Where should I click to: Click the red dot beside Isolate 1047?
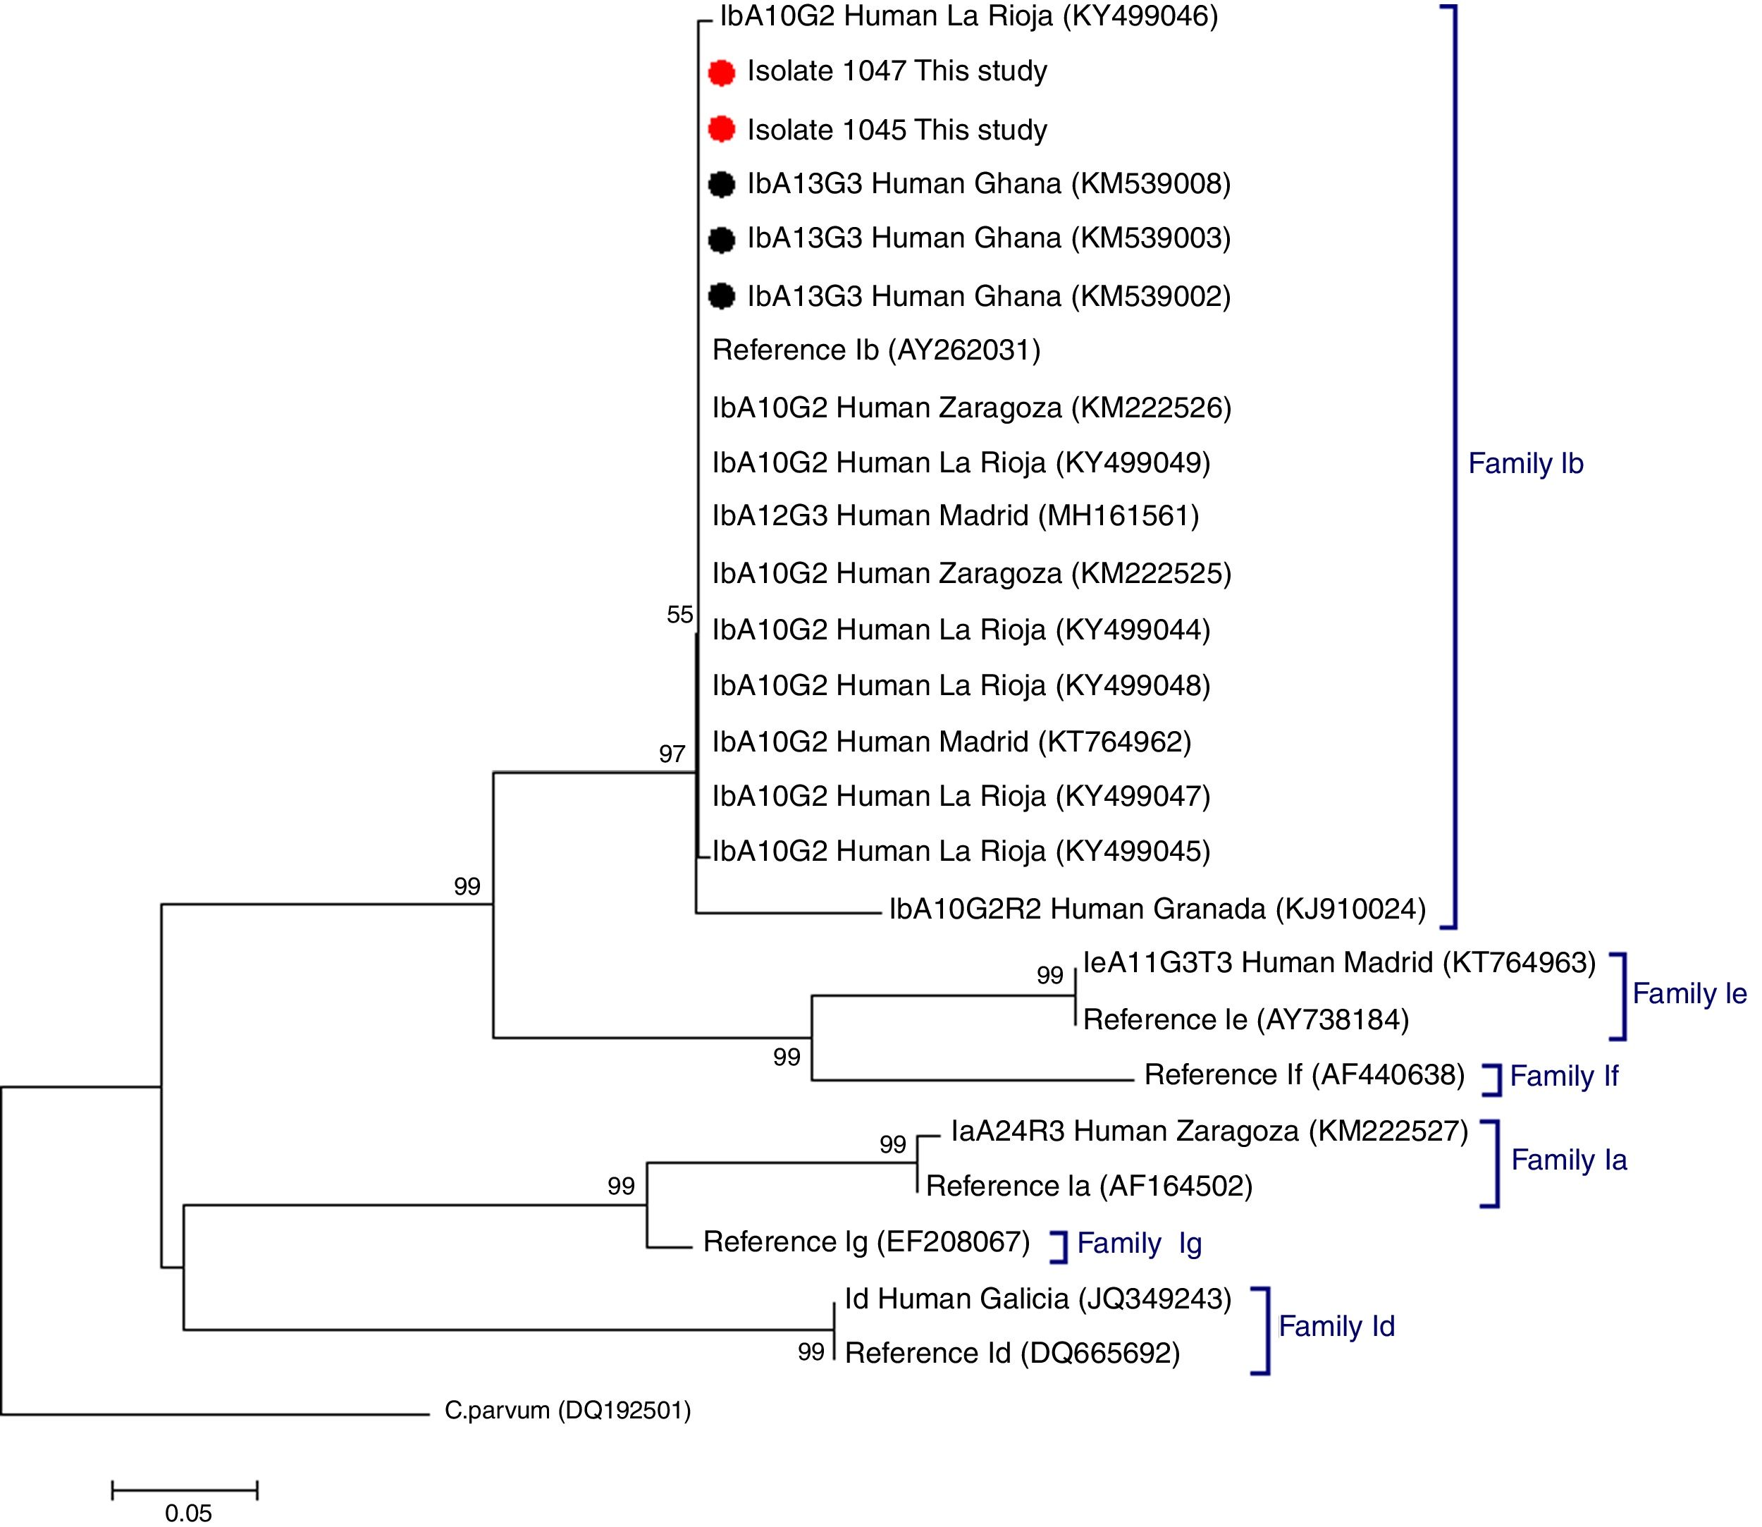coord(722,73)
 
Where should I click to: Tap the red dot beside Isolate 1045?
coord(722,130)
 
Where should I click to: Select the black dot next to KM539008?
coord(722,184)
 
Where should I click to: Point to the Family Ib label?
coord(1525,464)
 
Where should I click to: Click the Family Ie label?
coord(1689,993)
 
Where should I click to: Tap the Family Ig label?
coord(1139,1244)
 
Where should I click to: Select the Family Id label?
coord(1336,1326)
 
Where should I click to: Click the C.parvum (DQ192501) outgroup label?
coord(567,1410)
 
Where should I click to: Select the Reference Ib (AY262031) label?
coord(876,350)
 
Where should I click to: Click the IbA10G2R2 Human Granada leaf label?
coord(1157,909)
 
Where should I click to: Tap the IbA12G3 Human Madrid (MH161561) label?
coord(955,515)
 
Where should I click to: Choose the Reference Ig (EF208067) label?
coord(866,1241)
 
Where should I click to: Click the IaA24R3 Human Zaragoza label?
coord(1209,1131)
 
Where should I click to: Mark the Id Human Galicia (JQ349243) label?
coord(1037,1299)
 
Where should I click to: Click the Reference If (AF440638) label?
coord(1304,1074)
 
